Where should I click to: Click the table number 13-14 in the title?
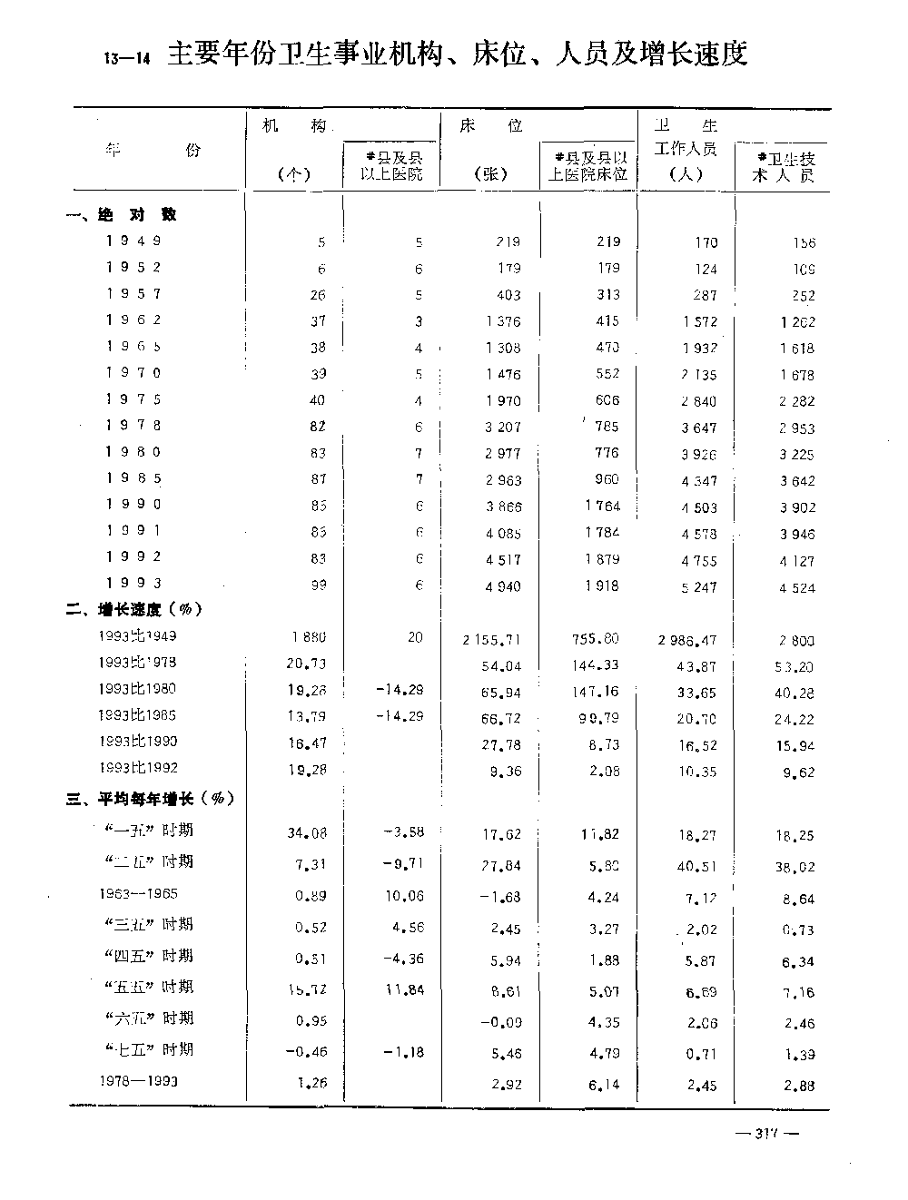pos(126,59)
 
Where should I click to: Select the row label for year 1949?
pos(133,241)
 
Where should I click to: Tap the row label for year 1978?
pos(133,426)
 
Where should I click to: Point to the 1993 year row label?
pos(133,583)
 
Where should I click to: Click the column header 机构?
pos(293,126)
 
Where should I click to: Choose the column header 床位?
pos(491,126)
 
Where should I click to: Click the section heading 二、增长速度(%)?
pos(133,609)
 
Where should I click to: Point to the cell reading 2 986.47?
pos(687,639)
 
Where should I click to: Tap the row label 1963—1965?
pos(138,893)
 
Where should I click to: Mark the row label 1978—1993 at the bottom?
pos(138,1081)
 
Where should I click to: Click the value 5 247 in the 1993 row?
pos(698,586)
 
